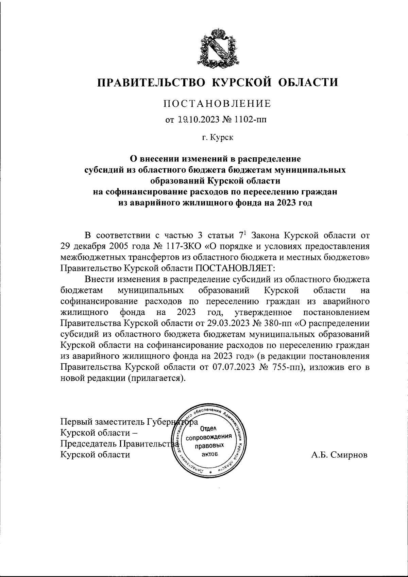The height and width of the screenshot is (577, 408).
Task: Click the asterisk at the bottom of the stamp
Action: [210, 473]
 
